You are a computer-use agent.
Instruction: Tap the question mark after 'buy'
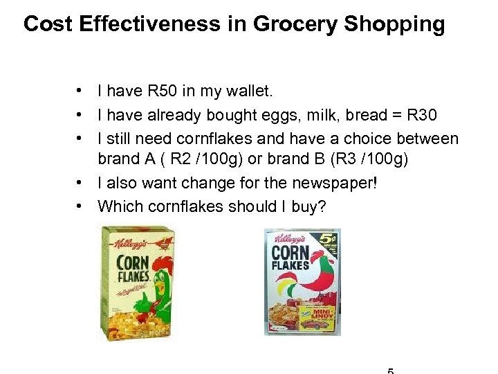pyautogui.click(x=320, y=206)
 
